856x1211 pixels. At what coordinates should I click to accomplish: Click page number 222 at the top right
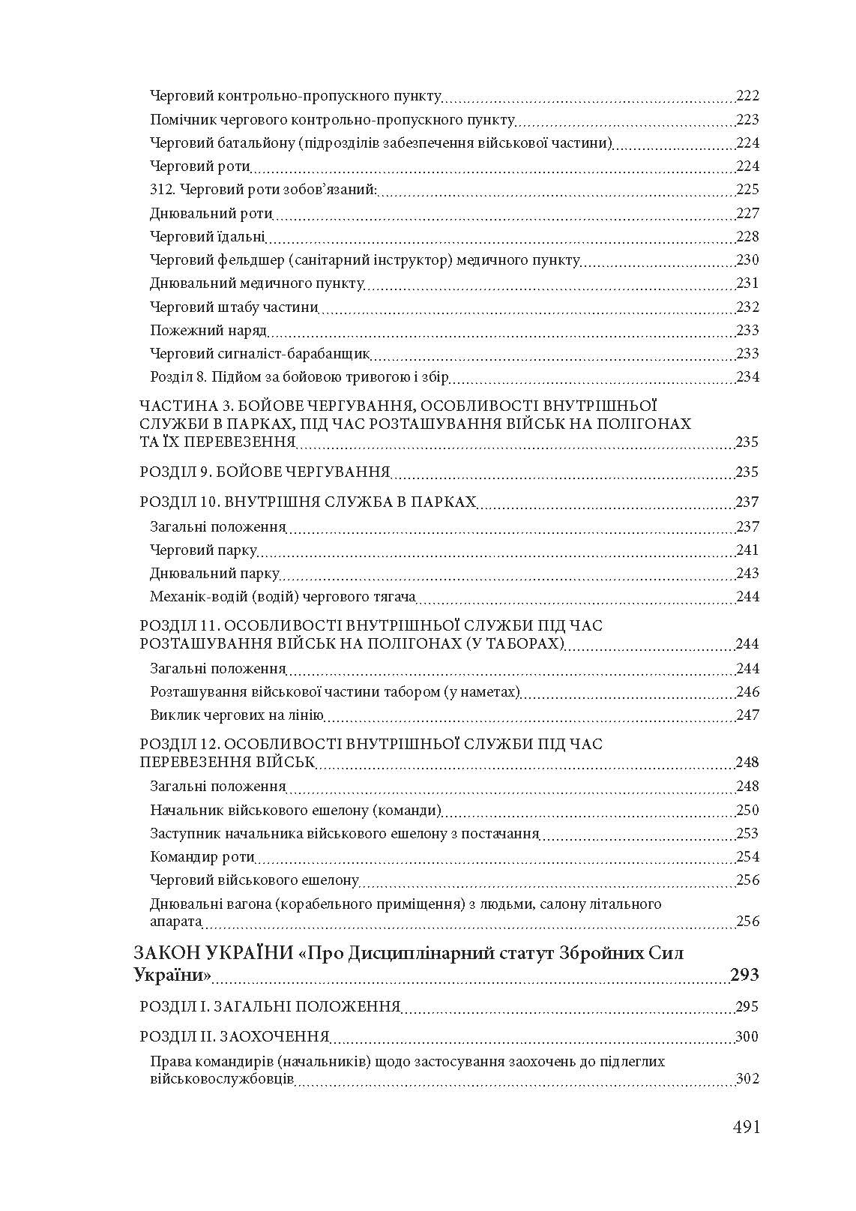click(747, 96)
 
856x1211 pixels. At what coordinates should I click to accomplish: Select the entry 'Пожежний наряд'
click(208, 331)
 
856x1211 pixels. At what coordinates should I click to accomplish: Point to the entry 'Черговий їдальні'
click(208, 237)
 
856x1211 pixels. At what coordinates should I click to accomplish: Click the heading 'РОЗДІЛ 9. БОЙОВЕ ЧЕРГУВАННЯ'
click(265, 472)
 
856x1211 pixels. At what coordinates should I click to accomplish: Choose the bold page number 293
click(744, 975)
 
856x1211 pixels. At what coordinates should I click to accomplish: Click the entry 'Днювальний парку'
click(214, 574)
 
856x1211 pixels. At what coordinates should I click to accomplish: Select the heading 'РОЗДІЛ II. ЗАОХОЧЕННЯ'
click(235, 1037)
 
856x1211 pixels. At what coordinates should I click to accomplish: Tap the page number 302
click(747, 1080)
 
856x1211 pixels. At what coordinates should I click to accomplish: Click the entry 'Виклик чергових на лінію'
click(237, 715)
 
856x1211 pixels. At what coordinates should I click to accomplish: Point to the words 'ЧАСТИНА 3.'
click(181, 406)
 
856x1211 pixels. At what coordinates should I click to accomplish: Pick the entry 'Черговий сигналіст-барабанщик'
click(260, 354)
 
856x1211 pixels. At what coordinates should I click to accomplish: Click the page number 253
click(747, 834)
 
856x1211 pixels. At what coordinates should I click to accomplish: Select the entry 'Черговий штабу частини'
click(234, 307)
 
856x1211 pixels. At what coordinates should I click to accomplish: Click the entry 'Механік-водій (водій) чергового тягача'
click(283, 597)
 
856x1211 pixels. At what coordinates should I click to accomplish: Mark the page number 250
click(747, 811)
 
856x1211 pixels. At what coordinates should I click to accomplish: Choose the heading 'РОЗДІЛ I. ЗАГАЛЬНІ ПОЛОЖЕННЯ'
click(270, 1007)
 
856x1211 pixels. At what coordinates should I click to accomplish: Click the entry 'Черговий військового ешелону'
click(254, 880)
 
